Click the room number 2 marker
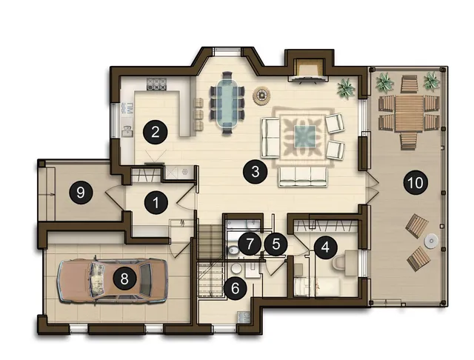[156, 132]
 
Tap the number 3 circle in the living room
[256, 172]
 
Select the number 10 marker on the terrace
[415, 182]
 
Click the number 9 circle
[81, 193]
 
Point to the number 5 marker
[276, 244]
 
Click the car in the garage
[112, 280]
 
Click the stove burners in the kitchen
[156, 84]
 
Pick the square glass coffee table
[305, 136]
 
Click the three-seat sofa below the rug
[303, 176]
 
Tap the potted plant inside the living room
[346, 88]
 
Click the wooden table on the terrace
[409, 113]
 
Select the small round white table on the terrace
[431, 241]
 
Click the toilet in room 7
[233, 250]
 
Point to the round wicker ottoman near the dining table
[261, 96]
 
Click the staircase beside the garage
[211, 259]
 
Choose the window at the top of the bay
[227, 52]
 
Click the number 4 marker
[325, 247]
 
